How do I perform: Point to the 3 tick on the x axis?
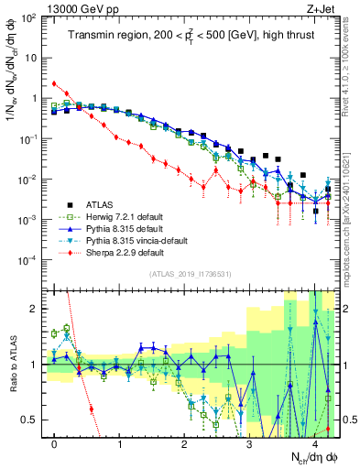point(250,444)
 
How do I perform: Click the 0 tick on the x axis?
point(55,444)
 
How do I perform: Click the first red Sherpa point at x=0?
point(55,83)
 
